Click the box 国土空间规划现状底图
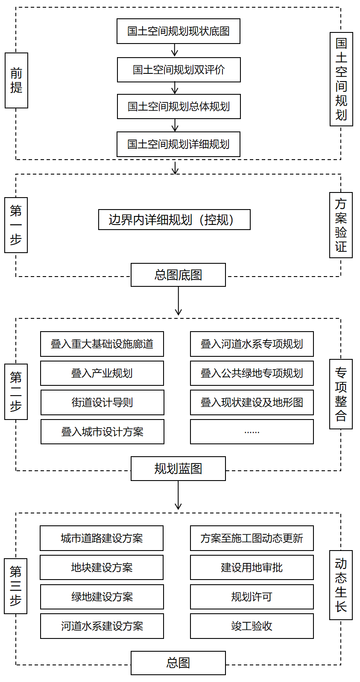(x=178, y=31)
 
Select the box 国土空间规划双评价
(x=179, y=70)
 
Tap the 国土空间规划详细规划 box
(x=178, y=144)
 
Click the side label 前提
(x=16, y=80)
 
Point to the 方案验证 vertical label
(x=341, y=225)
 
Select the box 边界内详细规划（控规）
(x=174, y=219)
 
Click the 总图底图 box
(x=178, y=275)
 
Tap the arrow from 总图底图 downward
(x=178, y=301)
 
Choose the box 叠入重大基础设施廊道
(x=102, y=344)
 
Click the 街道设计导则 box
(x=102, y=402)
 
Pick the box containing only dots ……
(x=252, y=432)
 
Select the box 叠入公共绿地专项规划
(x=252, y=373)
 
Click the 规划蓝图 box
(x=178, y=469)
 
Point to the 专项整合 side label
(x=341, y=394)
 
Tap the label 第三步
(x=16, y=586)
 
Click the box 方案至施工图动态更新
(x=252, y=538)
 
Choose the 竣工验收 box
(x=252, y=626)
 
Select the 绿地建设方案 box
(x=102, y=597)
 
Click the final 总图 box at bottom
(x=178, y=663)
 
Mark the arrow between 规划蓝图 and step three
(x=178, y=495)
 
